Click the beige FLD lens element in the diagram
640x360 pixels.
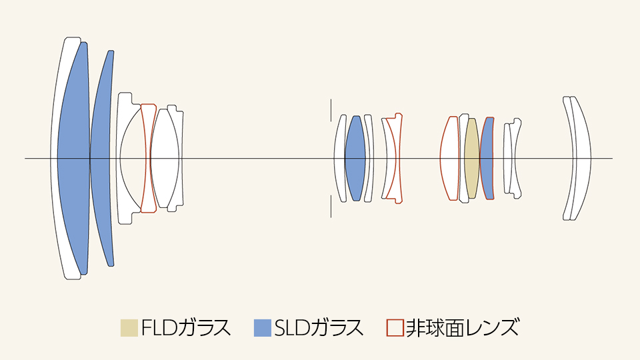[472, 159]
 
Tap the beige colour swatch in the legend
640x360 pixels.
[129, 328]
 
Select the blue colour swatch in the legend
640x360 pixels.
[263, 328]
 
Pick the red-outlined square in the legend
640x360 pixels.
[395, 328]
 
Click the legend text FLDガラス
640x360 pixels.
[186, 328]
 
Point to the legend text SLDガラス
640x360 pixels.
[319, 328]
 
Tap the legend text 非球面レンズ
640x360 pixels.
[463, 328]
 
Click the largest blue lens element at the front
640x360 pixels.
[73, 159]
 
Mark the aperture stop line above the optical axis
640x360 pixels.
[331, 110]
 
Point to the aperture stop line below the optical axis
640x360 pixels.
[331, 206]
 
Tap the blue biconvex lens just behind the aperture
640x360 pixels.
[355, 159]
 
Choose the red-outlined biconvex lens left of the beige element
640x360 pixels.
[450, 159]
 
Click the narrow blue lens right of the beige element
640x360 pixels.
[486, 159]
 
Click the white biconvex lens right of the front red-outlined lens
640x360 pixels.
[165, 159]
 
